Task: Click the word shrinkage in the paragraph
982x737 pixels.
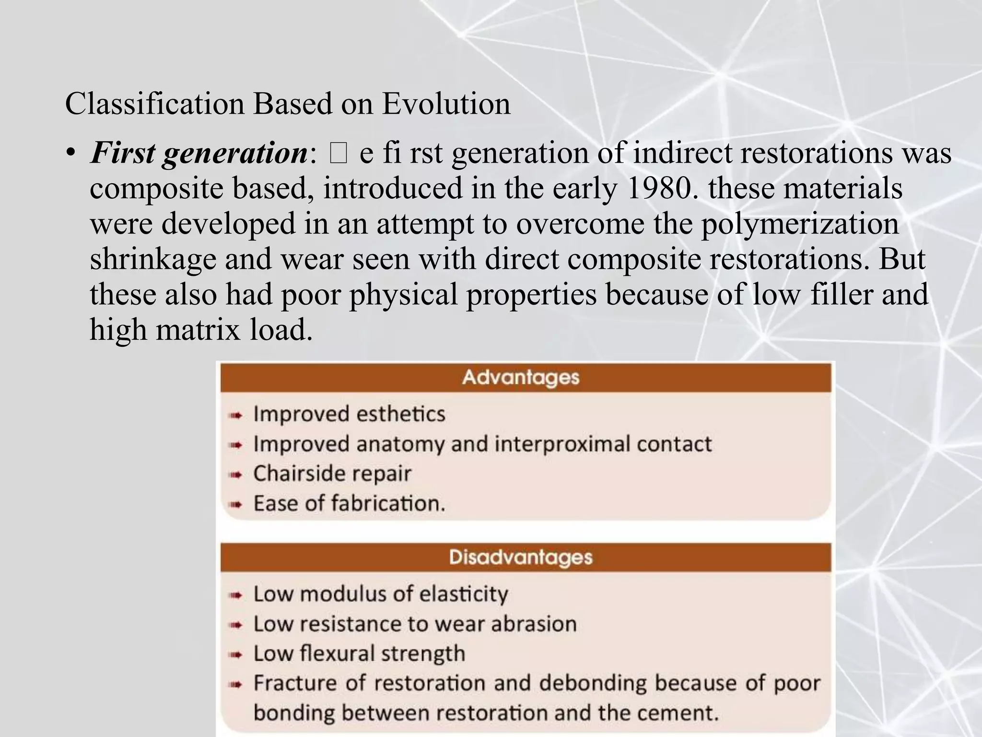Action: (x=152, y=260)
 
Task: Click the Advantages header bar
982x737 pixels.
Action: (x=525, y=378)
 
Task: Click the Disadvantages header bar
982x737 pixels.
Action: (x=525, y=557)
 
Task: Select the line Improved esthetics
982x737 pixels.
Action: (x=349, y=414)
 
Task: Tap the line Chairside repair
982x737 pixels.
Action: (x=332, y=474)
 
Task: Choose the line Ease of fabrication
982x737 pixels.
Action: (x=349, y=503)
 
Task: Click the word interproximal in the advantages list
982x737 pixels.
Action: (x=562, y=444)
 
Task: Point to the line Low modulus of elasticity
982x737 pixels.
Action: (x=381, y=594)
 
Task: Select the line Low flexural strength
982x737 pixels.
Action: (x=359, y=654)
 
